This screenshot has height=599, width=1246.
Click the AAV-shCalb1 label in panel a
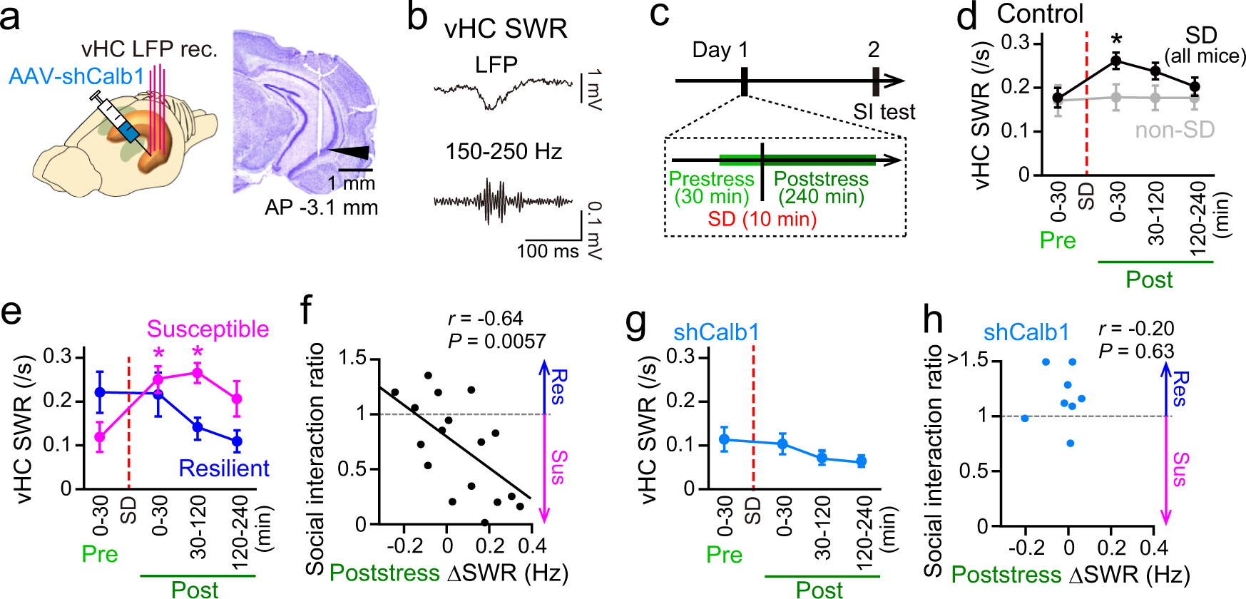coord(76,76)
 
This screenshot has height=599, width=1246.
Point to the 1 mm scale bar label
coord(351,183)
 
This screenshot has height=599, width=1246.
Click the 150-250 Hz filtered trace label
coord(504,151)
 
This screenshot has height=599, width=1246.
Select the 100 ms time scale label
coord(548,251)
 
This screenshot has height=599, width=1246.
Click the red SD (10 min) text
coord(762,218)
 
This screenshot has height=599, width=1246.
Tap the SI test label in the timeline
coord(884,112)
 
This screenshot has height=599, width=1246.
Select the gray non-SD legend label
coord(1175,130)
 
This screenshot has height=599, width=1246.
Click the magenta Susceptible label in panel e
coord(208,329)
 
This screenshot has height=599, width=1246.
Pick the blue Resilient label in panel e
coord(224,468)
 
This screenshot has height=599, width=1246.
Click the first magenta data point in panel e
coord(100,436)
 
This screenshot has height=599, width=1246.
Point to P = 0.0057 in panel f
coord(497,342)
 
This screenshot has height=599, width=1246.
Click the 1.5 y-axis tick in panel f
coord(352,358)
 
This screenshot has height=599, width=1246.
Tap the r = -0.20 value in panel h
coord(1136,328)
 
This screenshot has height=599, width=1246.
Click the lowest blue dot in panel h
coord(1070,444)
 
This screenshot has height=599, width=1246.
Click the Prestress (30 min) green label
coord(712,188)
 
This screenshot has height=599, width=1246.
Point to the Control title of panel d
coord(1040,14)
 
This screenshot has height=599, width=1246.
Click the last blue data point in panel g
coord(861,461)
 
